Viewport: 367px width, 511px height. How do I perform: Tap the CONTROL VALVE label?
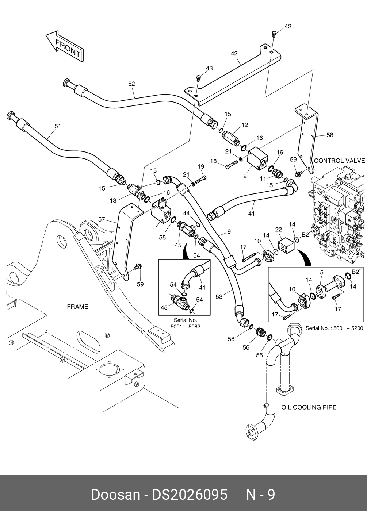pos(339,161)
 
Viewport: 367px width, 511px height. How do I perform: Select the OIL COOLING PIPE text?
pos(309,407)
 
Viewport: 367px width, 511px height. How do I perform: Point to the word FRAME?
pos(77,307)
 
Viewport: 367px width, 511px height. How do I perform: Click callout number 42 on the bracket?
pos(234,53)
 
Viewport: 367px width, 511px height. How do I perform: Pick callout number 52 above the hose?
pos(131,84)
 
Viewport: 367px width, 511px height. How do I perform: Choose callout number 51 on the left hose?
pos(58,126)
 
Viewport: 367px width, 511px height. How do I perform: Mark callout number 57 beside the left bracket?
pos(102,219)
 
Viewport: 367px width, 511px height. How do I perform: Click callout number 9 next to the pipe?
pos(229,231)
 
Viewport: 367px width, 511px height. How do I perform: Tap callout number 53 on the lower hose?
pos(219,297)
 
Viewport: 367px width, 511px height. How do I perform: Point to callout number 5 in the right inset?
pos(322,272)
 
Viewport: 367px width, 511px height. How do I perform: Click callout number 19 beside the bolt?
pos(200,167)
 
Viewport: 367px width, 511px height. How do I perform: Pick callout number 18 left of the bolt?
pos(213,161)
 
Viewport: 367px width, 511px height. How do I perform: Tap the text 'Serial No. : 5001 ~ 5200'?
pos(334,328)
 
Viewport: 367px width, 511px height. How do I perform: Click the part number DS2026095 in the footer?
pos(190,495)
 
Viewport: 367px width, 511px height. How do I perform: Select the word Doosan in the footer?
pos(115,495)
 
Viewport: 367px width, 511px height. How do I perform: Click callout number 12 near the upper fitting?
pos(244,125)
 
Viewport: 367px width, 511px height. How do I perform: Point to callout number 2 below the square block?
pos(245,176)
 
